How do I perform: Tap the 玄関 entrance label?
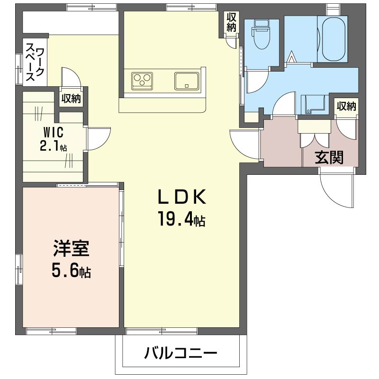pyautogui.click(x=329, y=158)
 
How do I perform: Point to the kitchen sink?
pyautogui.click(x=187, y=81)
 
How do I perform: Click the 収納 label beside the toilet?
pyautogui.click(x=231, y=22)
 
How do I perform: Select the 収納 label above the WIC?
pyautogui.click(x=71, y=99)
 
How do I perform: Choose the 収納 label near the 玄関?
pyautogui.click(x=346, y=106)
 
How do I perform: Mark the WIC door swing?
pyautogui.click(x=98, y=137)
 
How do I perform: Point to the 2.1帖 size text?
pyautogui.click(x=53, y=146)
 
